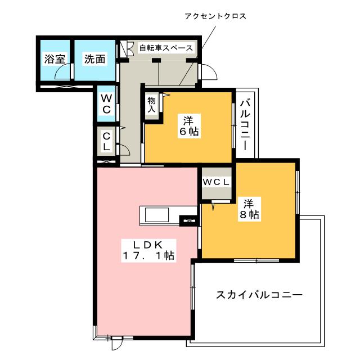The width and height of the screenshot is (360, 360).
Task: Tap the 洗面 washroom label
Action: [x=95, y=59]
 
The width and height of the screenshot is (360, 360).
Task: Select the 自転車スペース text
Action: [x=166, y=48]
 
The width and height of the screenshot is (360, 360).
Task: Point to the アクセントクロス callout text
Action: [x=216, y=16]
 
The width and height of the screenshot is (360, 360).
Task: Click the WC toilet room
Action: [x=106, y=103]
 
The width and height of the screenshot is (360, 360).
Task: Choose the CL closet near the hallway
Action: [x=106, y=140]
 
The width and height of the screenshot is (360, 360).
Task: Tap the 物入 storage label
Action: [x=151, y=104]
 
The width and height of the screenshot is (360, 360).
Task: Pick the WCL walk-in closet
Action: [x=216, y=182]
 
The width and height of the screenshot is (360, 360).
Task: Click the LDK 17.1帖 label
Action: [x=148, y=250]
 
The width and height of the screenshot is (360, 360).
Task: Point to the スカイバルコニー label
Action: [x=259, y=295]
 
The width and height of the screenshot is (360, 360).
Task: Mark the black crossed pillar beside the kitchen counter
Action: [x=188, y=221]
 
